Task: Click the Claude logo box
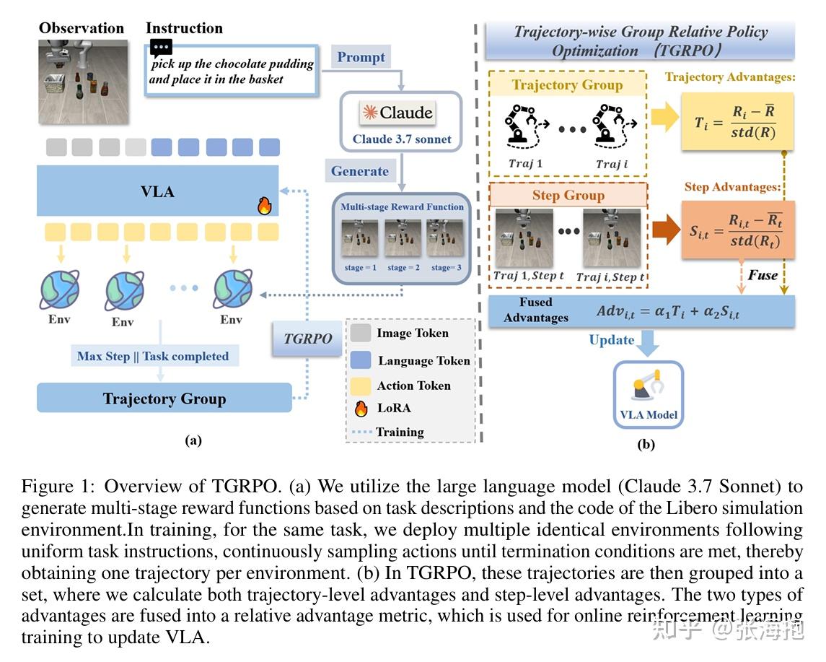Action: point(397,113)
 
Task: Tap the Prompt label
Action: point(361,57)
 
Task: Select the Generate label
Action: point(359,171)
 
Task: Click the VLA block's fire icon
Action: point(264,206)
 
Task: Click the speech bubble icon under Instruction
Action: point(161,48)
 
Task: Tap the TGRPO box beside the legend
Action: point(308,338)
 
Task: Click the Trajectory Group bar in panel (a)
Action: point(164,398)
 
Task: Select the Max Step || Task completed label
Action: point(153,356)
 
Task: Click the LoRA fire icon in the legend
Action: point(361,408)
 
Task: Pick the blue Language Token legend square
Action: point(361,360)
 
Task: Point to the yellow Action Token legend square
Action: point(361,385)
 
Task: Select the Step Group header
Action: point(568,195)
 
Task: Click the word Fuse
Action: point(763,275)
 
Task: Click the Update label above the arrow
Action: point(612,340)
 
